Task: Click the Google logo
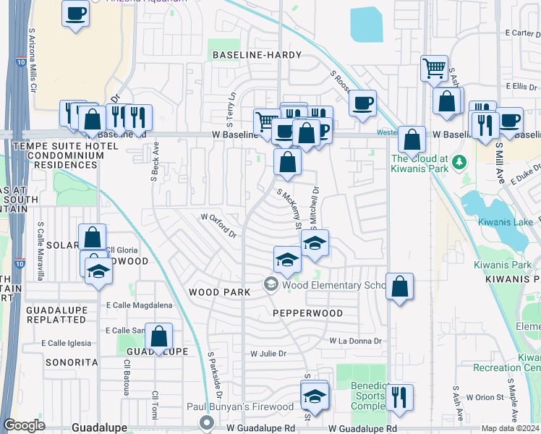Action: click(x=25, y=425)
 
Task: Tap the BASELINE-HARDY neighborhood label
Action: click(x=256, y=55)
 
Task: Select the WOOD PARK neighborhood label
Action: click(x=219, y=292)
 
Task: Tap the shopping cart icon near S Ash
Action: click(x=434, y=69)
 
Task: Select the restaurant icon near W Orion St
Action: click(x=399, y=396)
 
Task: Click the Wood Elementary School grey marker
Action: click(x=271, y=284)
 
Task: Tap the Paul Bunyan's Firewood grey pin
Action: click(x=208, y=422)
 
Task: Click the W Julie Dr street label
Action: click(x=268, y=354)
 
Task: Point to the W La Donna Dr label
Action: click(x=355, y=340)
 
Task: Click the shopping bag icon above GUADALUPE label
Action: click(x=159, y=336)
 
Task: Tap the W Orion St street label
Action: click(x=484, y=397)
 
